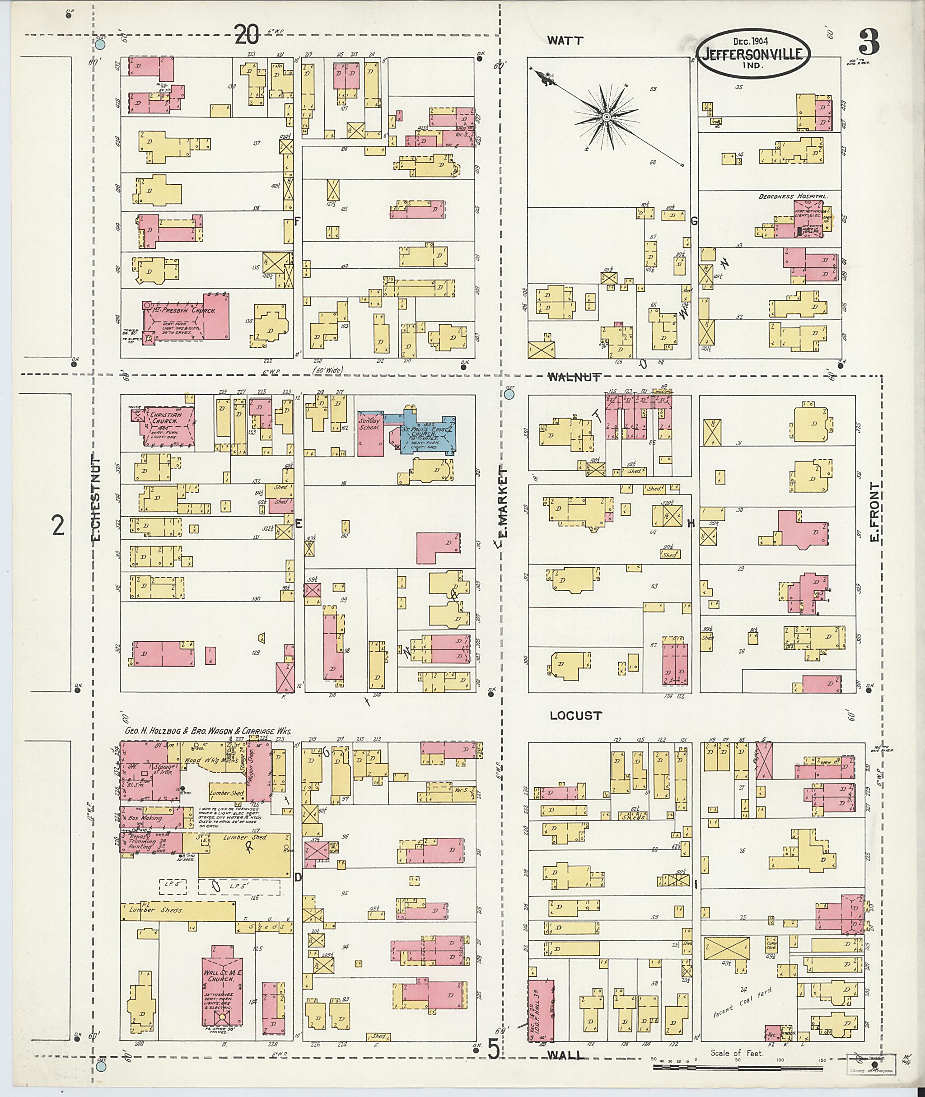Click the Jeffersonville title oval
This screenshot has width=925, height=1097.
[753, 51]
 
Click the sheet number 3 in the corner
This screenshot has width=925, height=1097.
[869, 42]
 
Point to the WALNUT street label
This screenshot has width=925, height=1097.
[574, 377]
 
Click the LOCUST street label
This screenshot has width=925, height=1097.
[576, 715]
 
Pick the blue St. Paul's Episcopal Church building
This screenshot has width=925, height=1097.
[426, 433]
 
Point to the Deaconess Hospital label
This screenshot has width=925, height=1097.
[793, 196]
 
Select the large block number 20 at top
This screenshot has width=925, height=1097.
[247, 35]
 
